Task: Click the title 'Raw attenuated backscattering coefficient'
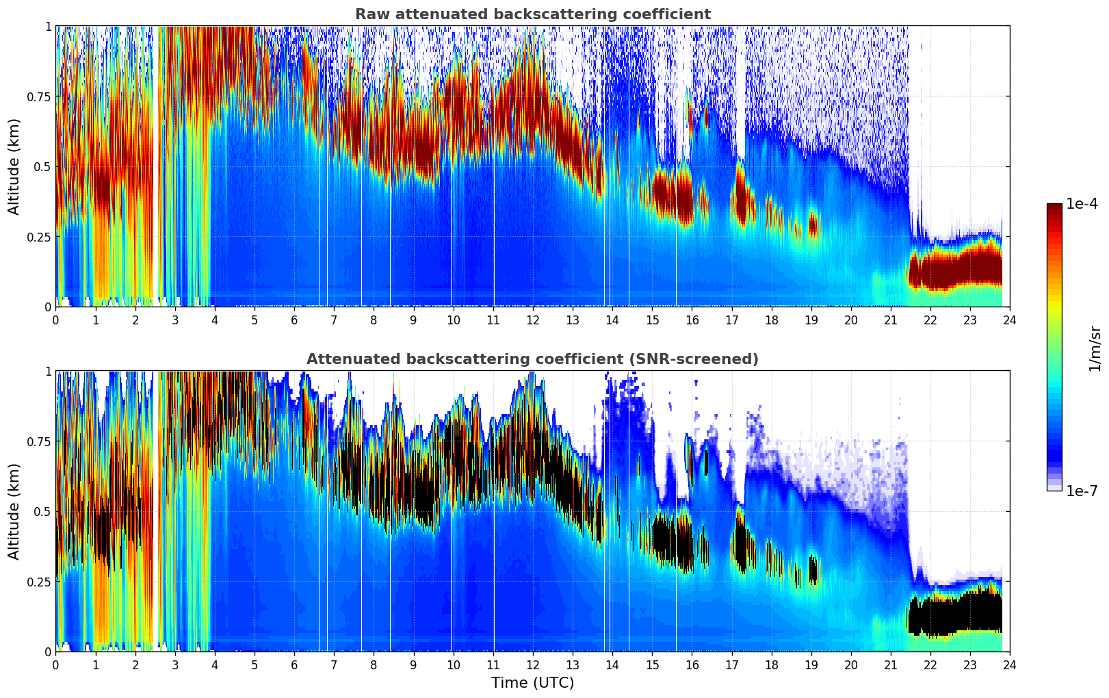532,14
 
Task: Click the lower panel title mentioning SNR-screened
532,359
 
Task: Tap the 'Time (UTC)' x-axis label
532,683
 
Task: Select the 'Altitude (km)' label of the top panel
14,166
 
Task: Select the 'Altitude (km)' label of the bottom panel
14,511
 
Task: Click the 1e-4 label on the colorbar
1082,204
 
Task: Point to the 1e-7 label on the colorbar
1082,491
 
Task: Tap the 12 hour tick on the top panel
533,320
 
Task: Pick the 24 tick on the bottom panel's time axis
1010,664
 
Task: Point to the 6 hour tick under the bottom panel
294,664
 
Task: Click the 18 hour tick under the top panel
771,320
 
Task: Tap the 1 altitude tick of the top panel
48,26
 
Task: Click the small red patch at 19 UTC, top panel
813,224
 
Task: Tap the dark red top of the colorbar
1054,208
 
